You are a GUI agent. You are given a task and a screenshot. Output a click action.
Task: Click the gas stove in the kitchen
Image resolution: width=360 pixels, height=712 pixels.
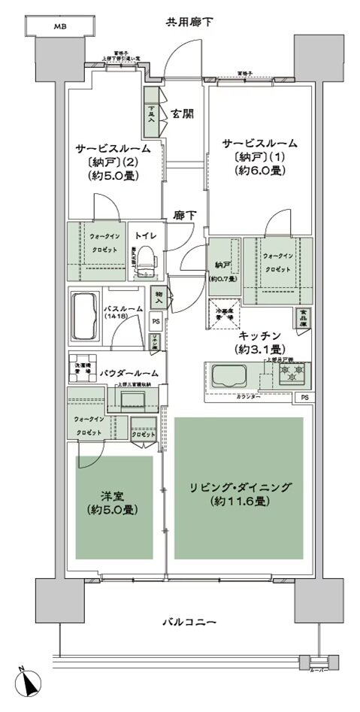[294, 371]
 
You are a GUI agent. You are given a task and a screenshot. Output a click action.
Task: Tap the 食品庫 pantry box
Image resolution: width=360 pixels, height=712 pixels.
[302, 319]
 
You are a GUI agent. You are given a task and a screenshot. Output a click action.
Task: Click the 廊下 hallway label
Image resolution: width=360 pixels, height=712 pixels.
[185, 215]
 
